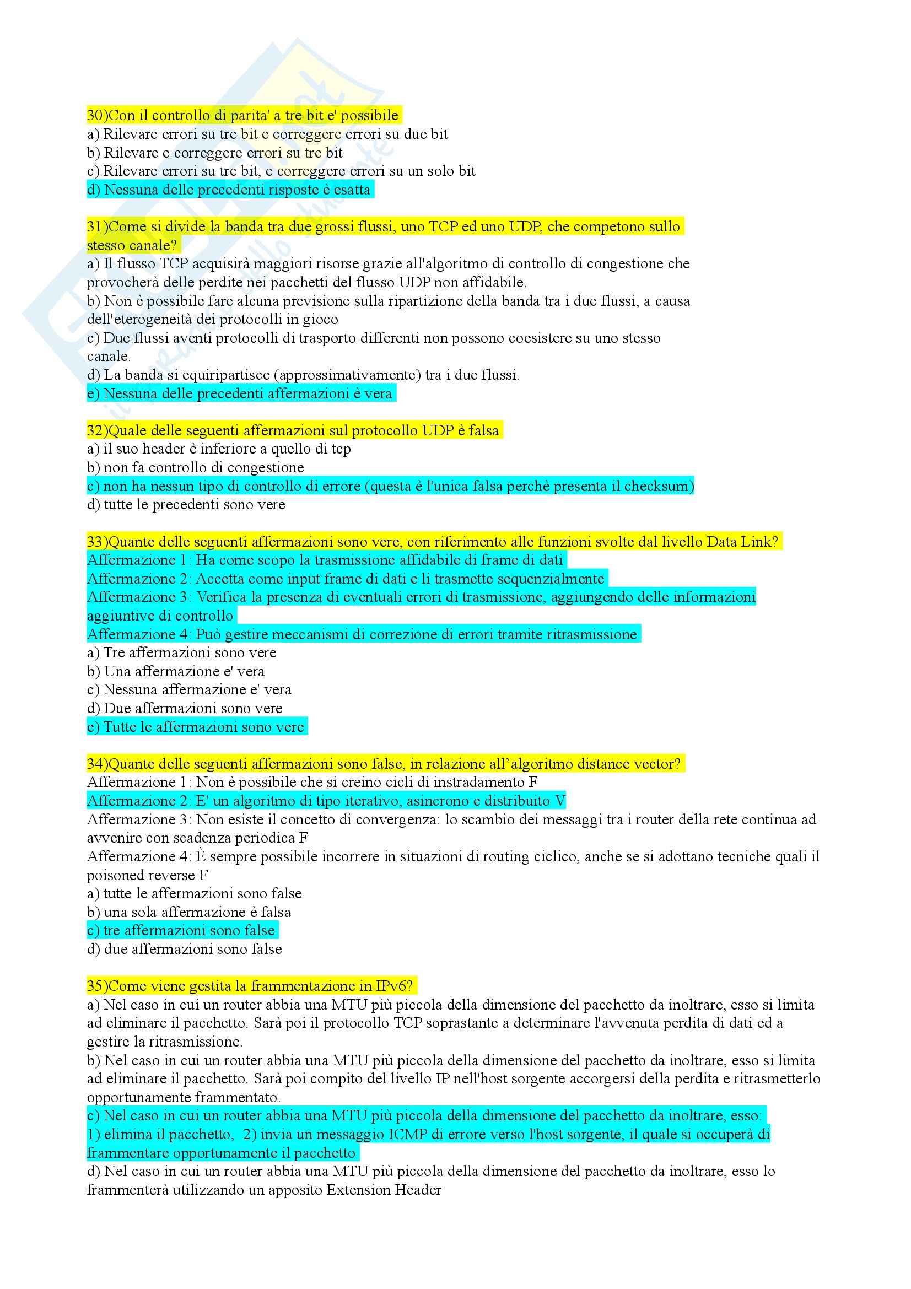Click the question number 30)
click(x=97, y=116)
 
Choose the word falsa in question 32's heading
click(x=483, y=430)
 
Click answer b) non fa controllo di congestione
click(x=195, y=468)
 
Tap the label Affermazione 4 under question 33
click(x=139, y=634)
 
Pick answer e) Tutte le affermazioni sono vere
click(x=196, y=727)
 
